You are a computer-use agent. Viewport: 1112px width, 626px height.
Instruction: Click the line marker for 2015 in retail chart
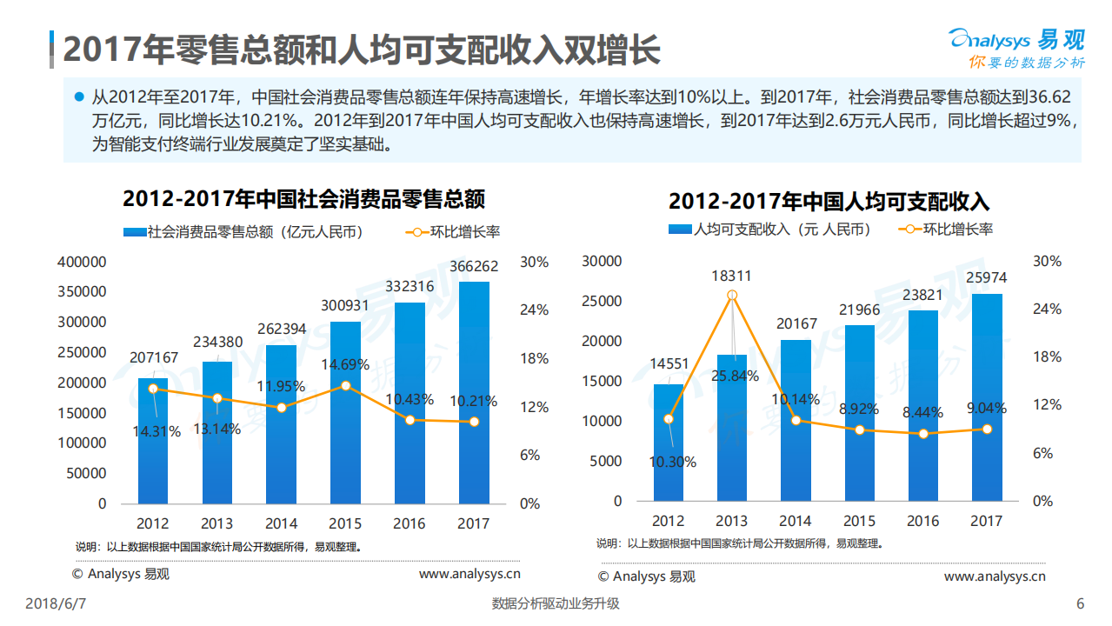click(345, 385)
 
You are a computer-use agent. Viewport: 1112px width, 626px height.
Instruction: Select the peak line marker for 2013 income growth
click(732, 296)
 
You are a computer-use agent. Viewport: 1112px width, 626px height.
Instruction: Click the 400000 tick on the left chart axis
click(81, 262)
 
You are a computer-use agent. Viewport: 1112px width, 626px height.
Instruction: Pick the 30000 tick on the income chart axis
click(602, 261)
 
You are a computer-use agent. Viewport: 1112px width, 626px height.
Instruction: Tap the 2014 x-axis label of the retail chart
click(281, 523)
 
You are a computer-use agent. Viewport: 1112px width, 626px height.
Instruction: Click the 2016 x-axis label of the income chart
click(922, 521)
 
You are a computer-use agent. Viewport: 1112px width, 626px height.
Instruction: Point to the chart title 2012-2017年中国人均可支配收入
click(829, 202)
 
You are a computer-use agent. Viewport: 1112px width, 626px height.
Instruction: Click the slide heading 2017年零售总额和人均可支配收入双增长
click(361, 50)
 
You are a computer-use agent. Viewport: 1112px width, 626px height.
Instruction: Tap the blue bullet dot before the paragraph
click(79, 97)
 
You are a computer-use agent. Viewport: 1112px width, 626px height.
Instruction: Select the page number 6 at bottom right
click(1080, 603)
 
